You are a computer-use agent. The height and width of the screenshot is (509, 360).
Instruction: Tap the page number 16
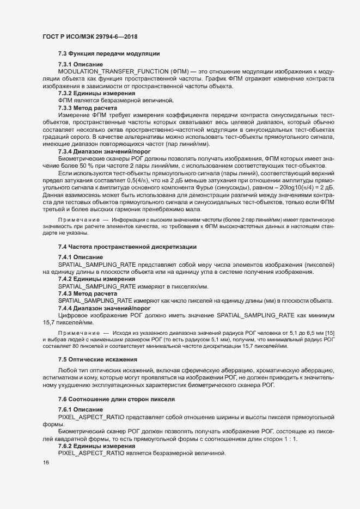tap(45, 463)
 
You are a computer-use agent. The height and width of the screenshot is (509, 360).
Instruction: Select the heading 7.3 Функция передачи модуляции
tap(108, 53)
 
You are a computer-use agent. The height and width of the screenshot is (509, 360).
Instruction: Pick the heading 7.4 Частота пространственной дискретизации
tap(128, 247)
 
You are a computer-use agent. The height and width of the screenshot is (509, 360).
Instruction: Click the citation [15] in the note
tap(330, 332)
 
